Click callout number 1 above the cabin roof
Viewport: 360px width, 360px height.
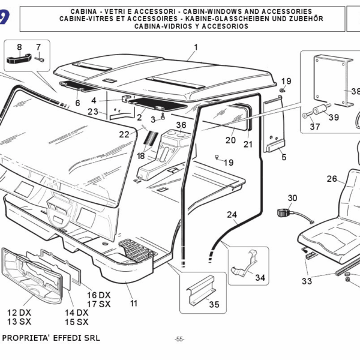coord(195,47)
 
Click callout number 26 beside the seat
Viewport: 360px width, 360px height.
coord(332,178)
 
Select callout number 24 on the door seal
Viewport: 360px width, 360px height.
coord(232,215)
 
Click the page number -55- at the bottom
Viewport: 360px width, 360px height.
coord(179,340)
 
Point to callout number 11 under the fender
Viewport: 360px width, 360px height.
coord(133,304)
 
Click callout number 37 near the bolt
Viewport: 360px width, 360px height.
coord(315,126)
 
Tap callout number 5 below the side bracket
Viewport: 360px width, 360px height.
coord(284,157)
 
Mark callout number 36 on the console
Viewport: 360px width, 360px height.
coord(181,125)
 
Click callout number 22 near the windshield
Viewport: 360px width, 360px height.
coord(124,134)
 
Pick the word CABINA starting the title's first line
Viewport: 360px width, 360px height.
coord(86,11)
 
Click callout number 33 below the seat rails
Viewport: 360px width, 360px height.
coord(307,280)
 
